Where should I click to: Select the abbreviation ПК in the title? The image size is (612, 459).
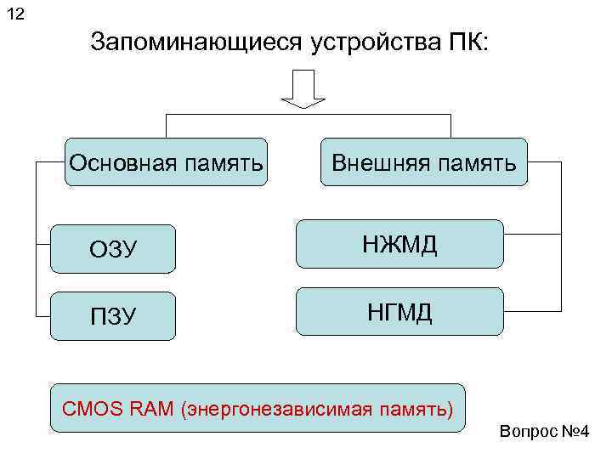pyautogui.click(x=467, y=42)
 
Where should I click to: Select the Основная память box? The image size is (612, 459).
pyautogui.click(x=167, y=162)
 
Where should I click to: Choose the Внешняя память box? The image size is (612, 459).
pyautogui.click(x=423, y=162)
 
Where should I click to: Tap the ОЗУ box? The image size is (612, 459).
pyautogui.click(x=113, y=249)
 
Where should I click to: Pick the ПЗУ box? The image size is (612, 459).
pyautogui.click(x=113, y=316)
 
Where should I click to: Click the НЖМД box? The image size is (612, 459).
pyautogui.click(x=399, y=246)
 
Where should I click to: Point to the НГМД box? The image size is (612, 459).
pyautogui.click(x=399, y=313)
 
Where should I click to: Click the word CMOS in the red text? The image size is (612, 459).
pyautogui.click(x=86, y=411)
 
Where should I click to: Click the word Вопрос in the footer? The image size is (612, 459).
pyautogui.click(x=529, y=434)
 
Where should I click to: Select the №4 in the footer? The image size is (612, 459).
pyautogui.click(x=575, y=434)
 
